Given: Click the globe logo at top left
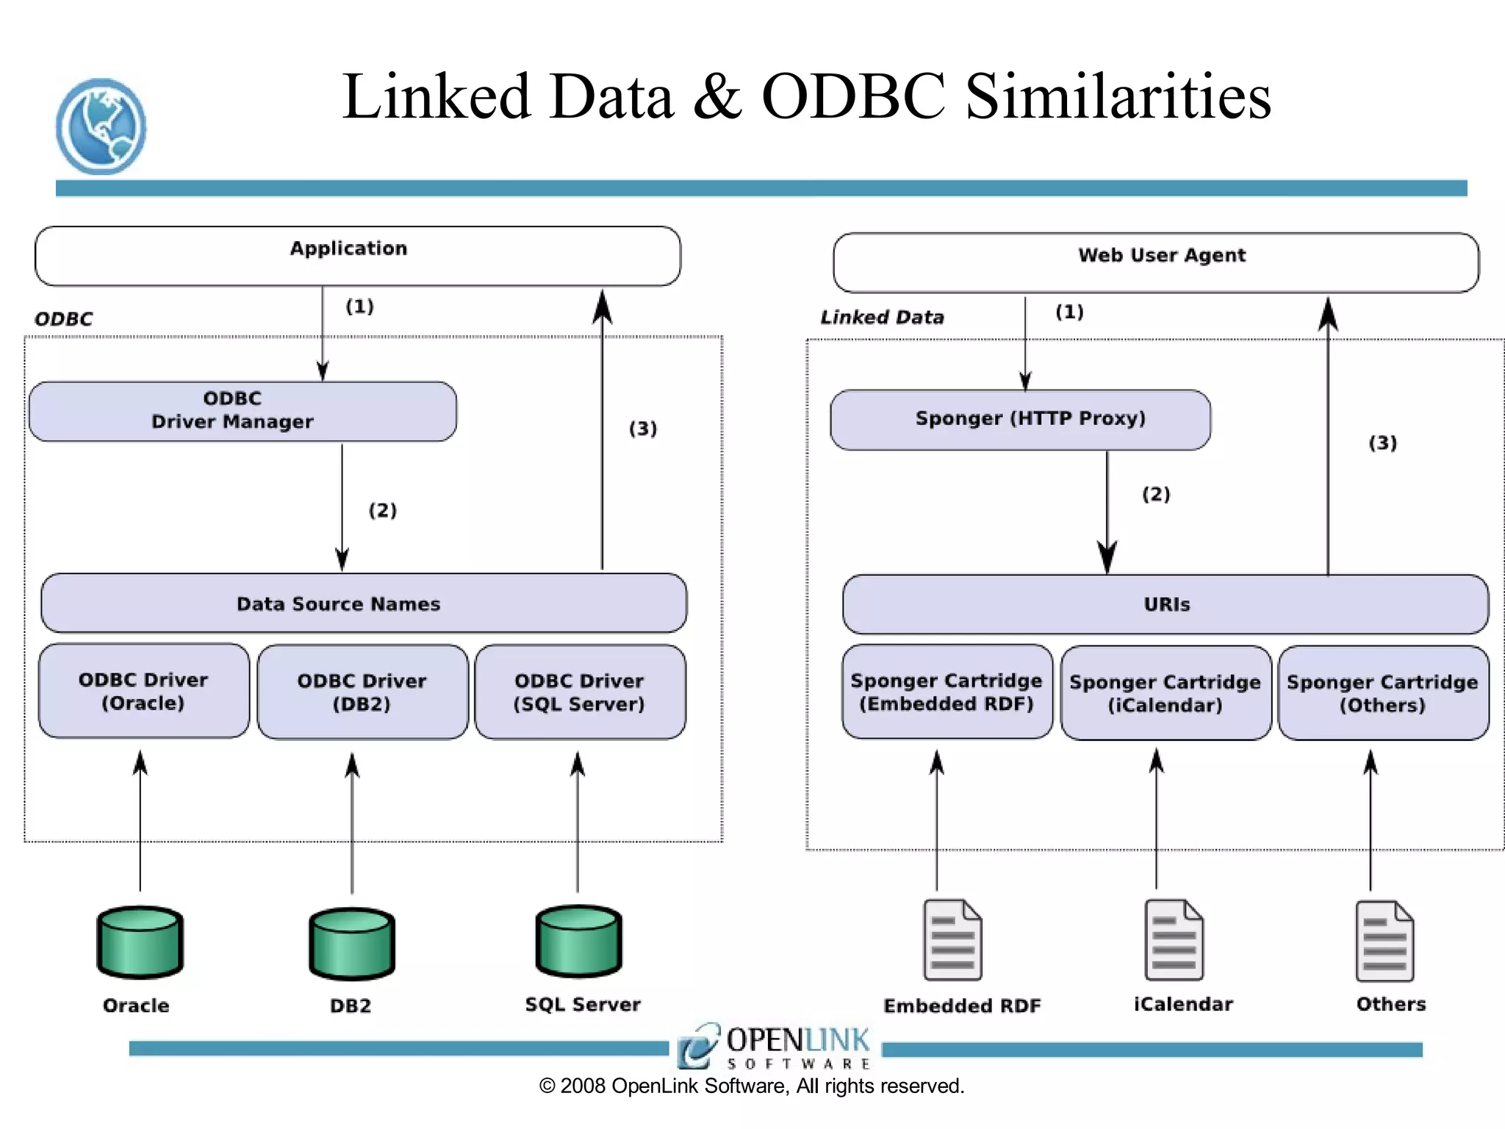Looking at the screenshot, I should pyautogui.click(x=101, y=126).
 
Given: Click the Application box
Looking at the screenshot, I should pyautogui.click(x=358, y=256).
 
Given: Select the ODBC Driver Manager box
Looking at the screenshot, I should pyautogui.click(x=243, y=411).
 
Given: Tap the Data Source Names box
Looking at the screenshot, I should pyautogui.click(x=364, y=603).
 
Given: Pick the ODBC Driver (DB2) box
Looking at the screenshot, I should pyautogui.click(x=362, y=692).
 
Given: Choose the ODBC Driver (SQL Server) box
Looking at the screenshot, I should pyautogui.click(x=580, y=692).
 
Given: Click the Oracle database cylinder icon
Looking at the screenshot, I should pyautogui.click(x=140, y=942).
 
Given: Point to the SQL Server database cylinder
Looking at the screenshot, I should pyautogui.click(x=579, y=942).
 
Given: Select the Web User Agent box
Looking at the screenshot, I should pyautogui.click(x=1156, y=262).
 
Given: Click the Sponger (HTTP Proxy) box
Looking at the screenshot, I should pyautogui.click(x=1020, y=420).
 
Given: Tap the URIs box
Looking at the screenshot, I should pyautogui.click(x=1165, y=604).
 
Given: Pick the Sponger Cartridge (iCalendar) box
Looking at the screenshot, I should pyautogui.click(x=1165, y=693).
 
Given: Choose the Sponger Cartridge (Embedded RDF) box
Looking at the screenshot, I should pyautogui.click(x=947, y=692).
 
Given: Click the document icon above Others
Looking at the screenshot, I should pyautogui.click(x=1384, y=942).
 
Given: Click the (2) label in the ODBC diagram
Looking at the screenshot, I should pyautogui.click(x=383, y=510).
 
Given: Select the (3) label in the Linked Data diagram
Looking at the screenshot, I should pyautogui.click(x=1382, y=442).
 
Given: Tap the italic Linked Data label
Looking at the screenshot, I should pyautogui.click(x=882, y=318).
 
